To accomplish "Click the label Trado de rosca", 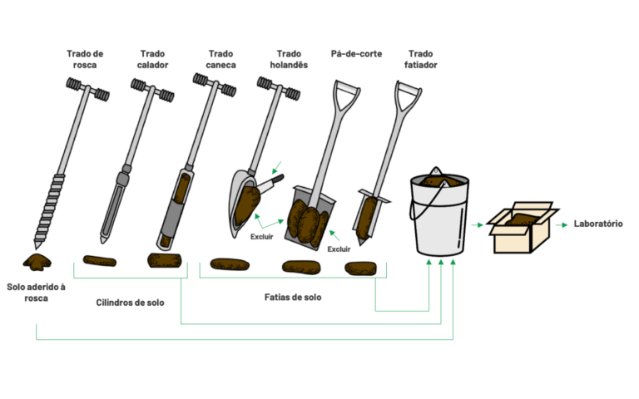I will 85,59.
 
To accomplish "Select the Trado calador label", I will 152,59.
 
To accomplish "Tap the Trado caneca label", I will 220,59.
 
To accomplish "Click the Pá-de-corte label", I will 355,53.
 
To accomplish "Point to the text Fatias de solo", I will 292,297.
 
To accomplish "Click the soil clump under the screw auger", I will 37,262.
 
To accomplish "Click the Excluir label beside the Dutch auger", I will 262,236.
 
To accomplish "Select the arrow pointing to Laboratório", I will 562,224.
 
